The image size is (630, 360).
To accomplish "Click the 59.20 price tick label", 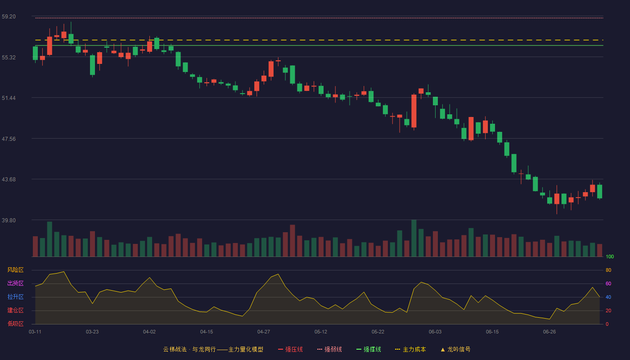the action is (x=9, y=17).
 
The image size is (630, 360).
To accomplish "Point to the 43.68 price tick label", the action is (x=9, y=180).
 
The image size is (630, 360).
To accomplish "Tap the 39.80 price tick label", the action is (x=9, y=220).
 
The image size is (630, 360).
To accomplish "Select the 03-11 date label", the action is (x=35, y=332).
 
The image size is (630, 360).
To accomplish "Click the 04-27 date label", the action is (x=264, y=332).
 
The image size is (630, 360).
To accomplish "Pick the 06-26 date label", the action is (x=549, y=332).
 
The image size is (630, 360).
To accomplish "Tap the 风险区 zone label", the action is (x=15, y=270).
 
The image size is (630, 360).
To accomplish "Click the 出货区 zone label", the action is (x=15, y=283).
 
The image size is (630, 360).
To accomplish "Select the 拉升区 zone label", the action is (x=15, y=297).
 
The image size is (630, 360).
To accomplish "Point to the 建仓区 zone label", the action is (x=15, y=310).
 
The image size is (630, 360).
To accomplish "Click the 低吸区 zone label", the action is (x=15, y=324).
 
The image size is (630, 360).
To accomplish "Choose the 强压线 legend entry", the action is (x=290, y=349).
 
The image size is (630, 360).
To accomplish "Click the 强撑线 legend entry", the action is (x=369, y=349).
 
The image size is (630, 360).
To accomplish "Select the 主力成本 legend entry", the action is (x=410, y=349).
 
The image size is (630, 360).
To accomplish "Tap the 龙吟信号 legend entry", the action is (x=455, y=349).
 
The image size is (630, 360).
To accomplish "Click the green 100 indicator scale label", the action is (x=610, y=256).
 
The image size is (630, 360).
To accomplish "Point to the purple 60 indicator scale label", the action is (x=608, y=283).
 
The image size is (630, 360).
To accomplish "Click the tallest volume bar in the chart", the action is (x=414, y=238).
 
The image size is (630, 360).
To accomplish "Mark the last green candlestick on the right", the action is (x=599, y=192).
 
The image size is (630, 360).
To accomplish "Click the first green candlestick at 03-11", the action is (x=35, y=53).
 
